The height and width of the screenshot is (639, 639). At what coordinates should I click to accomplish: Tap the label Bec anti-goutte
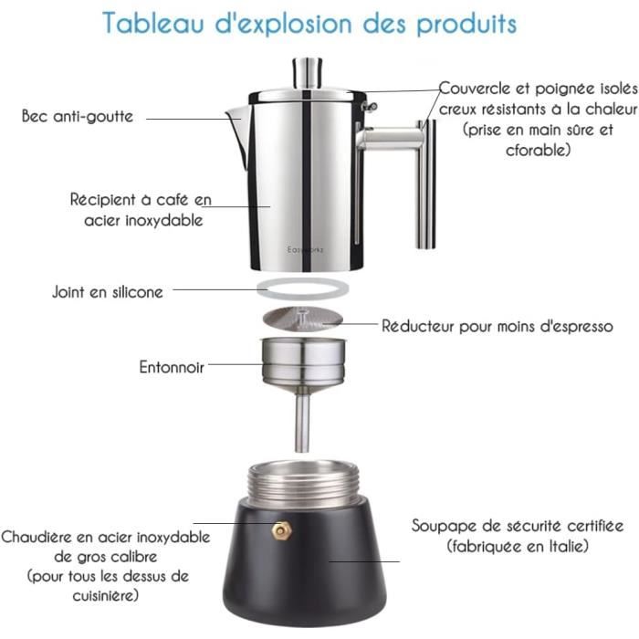[x=78, y=117]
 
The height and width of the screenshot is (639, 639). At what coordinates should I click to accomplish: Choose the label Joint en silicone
[x=108, y=292]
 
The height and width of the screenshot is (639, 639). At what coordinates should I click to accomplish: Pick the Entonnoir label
[x=172, y=367]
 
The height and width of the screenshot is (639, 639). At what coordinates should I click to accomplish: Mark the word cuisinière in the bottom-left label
[x=108, y=596]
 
